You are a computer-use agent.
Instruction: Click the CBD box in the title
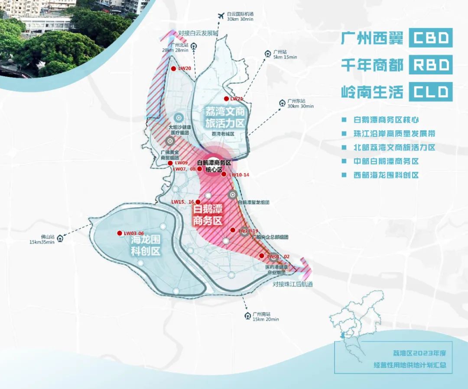(x=431, y=38)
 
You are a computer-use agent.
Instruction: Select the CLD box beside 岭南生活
(x=431, y=92)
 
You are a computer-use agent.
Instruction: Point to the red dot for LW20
(x=173, y=69)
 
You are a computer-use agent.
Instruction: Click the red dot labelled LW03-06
(x=120, y=233)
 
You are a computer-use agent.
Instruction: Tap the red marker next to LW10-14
(x=224, y=174)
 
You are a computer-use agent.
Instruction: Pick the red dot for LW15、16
(x=198, y=202)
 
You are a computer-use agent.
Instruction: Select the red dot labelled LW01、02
(x=262, y=256)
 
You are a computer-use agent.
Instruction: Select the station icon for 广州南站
(x=247, y=315)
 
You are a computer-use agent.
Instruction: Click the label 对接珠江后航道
(x=292, y=285)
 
